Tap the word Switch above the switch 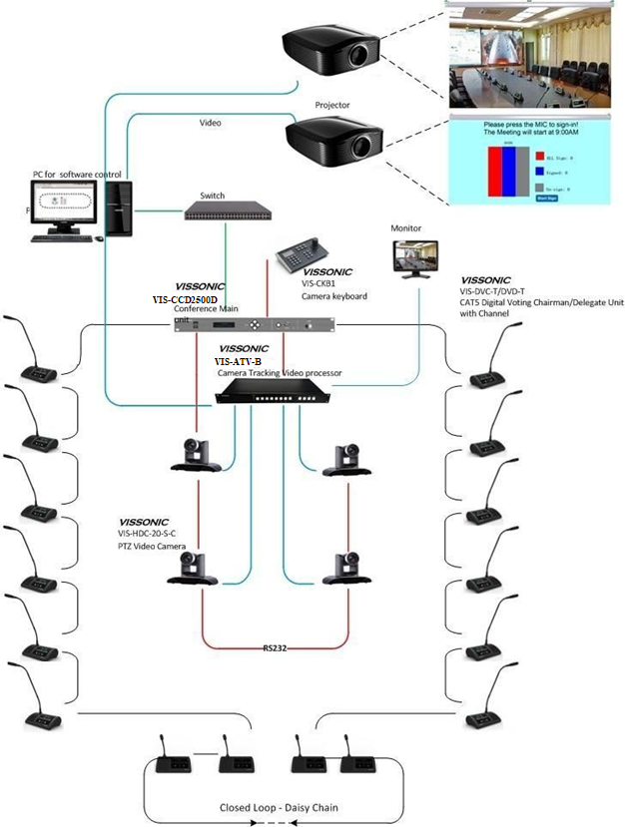[x=213, y=195]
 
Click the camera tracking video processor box [x=277, y=392]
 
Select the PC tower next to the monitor [x=120, y=207]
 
